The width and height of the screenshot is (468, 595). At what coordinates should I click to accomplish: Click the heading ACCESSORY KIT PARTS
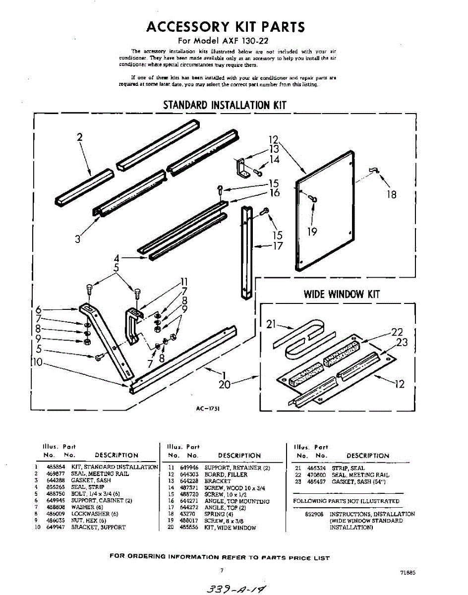(226, 27)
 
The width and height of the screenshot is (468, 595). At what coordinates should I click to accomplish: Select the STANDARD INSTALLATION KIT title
(225, 105)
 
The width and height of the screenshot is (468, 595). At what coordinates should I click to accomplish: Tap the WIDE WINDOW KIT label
(342, 294)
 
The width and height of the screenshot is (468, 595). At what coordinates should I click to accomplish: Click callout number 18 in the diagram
(391, 195)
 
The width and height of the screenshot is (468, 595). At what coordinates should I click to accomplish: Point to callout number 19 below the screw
(312, 232)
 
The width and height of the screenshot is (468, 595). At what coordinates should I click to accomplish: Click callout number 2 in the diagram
(79, 137)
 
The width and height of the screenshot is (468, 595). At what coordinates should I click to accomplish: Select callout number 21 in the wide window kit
(271, 325)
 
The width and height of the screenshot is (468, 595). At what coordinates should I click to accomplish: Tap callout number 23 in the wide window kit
(402, 342)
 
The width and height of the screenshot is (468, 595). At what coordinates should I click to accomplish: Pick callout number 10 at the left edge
(37, 362)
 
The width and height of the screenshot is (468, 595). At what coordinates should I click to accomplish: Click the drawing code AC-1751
(208, 409)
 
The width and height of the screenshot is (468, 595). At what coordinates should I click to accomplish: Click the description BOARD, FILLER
(226, 475)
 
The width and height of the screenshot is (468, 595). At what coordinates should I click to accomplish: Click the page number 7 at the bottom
(222, 570)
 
